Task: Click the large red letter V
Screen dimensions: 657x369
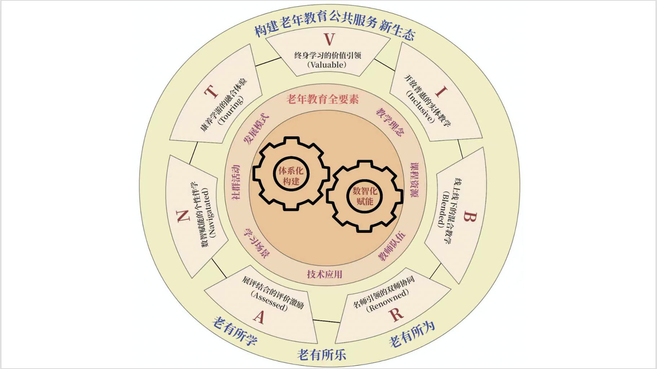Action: tap(329, 39)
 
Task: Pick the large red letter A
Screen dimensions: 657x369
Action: tap(259, 317)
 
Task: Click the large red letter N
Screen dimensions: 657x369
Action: tap(183, 216)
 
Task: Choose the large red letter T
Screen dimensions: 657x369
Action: tap(211, 92)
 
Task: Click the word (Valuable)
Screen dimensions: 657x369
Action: tap(327, 65)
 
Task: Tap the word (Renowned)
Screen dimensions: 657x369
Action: tap(388, 300)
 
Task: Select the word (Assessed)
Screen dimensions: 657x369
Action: tap(270, 301)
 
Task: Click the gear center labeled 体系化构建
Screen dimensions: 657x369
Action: tap(291, 175)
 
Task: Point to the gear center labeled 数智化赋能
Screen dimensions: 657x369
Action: tap(365, 196)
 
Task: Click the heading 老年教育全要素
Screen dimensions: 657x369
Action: tap(322, 99)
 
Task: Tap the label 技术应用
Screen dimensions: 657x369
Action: tap(325, 274)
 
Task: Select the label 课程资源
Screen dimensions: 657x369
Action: tap(414, 180)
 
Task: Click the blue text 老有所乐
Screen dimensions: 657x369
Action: tap(322, 355)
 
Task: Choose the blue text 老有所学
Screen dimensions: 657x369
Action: tap(235, 331)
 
